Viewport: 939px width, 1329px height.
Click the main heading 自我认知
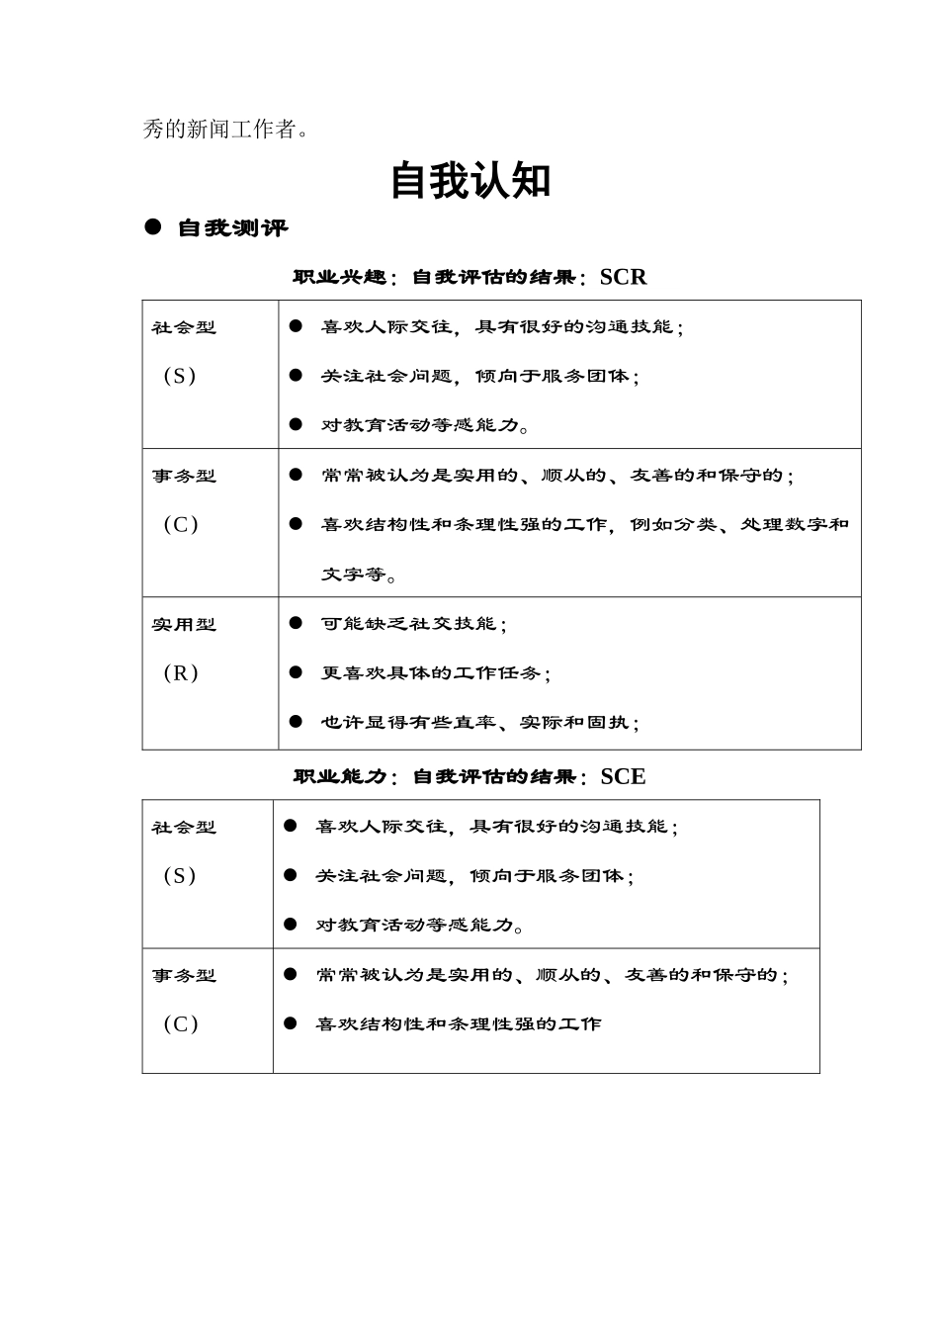(x=469, y=181)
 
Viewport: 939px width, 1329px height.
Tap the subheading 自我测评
(x=233, y=228)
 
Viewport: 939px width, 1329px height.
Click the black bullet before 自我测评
(x=152, y=227)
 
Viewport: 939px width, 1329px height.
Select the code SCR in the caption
(x=623, y=277)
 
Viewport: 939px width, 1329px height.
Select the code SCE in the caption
(x=623, y=777)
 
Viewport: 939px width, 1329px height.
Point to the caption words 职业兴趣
(x=338, y=278)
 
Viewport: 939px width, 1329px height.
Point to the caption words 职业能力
(x=338, y=777)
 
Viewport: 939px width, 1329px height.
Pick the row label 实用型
(x=184, y=625)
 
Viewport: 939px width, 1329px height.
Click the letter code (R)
(x=181, y=673)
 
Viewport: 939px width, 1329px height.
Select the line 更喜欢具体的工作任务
(x=436, y=673)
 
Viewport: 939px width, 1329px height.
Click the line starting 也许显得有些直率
(x=480, y=723)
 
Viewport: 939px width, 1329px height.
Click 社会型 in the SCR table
(x=184, y=327)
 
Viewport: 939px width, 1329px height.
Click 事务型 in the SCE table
(x=184, y=976)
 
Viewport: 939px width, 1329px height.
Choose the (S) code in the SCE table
(x=180, y=876)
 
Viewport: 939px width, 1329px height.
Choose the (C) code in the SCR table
(x=181, y=525)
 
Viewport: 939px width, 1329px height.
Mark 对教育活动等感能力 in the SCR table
(x=426, y=426)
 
